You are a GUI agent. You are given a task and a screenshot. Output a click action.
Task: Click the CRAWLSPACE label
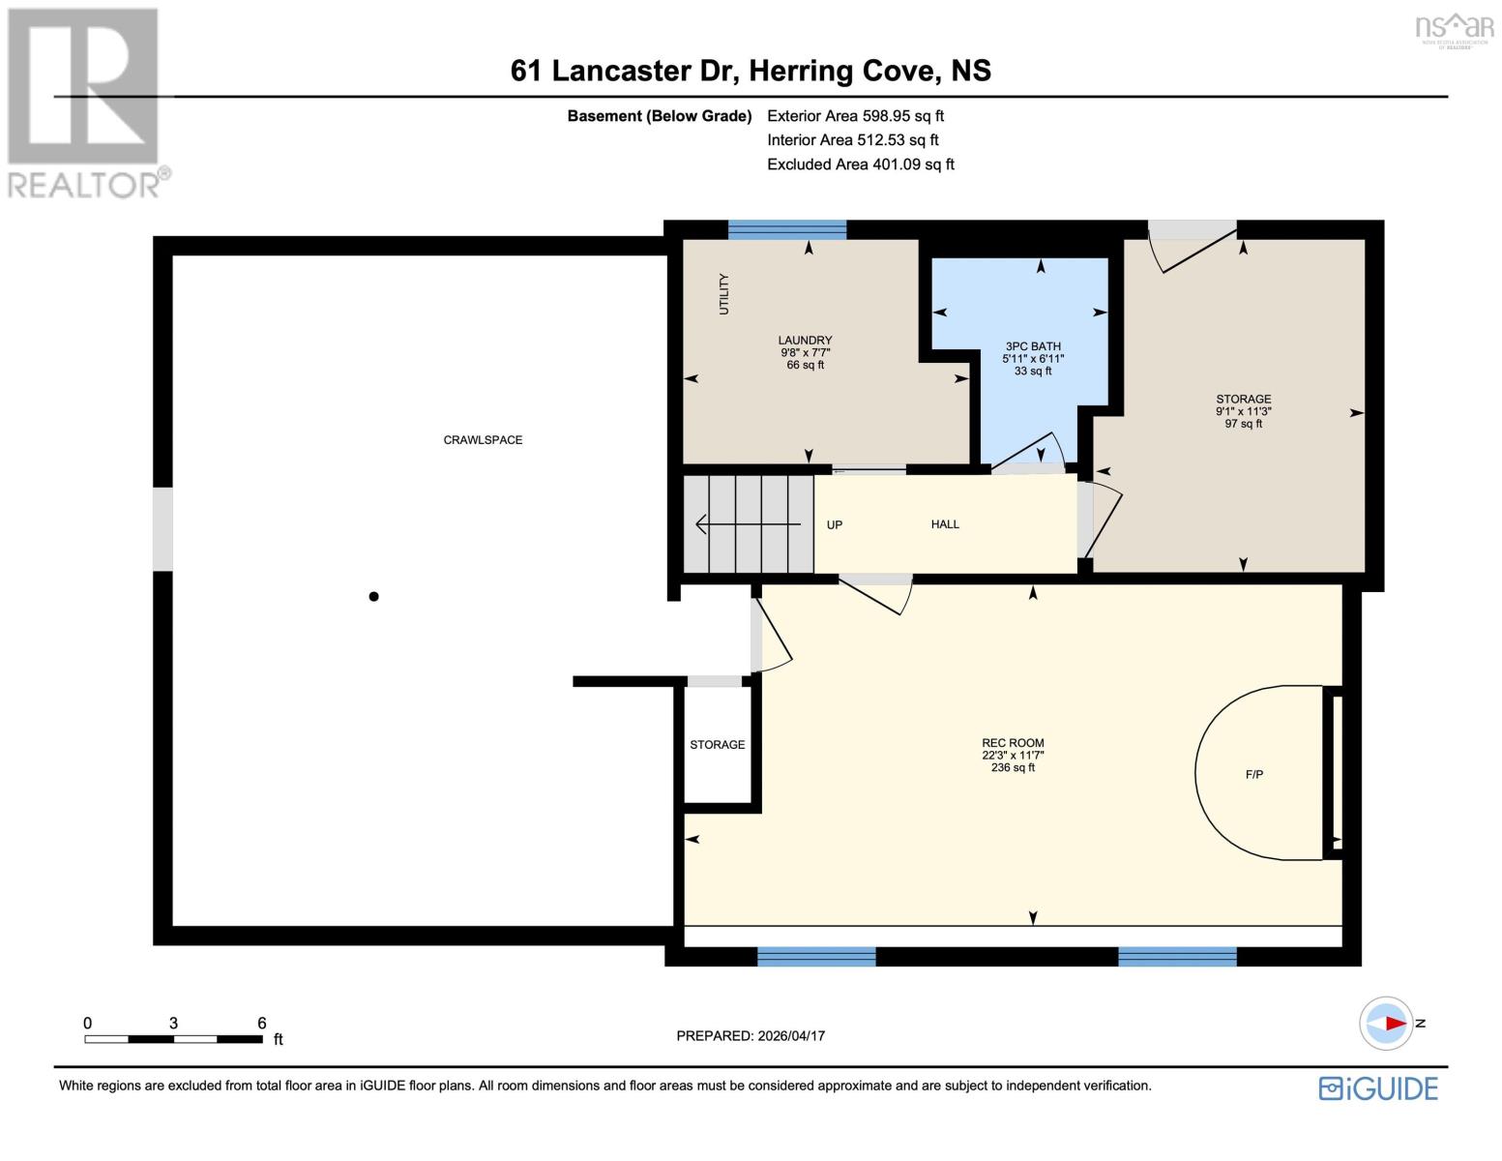483,440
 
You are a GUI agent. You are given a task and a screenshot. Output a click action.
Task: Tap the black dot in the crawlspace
373,597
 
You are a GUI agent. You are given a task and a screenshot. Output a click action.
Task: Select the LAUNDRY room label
805,341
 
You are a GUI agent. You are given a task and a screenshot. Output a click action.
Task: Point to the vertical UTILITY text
723,294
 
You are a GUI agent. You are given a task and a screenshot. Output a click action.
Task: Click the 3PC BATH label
1033,346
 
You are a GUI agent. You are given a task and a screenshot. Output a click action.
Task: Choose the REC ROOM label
1013,743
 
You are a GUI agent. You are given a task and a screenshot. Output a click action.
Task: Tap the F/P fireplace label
1253,775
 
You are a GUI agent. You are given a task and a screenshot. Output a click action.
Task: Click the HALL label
945,524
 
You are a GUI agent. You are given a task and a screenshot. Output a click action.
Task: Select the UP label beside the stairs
835,525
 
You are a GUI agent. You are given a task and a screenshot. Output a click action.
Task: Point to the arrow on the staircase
748,524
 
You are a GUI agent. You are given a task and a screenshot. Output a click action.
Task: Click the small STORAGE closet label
717,745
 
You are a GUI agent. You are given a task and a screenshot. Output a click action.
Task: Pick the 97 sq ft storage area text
1243,424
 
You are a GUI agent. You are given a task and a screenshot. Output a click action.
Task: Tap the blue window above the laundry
786,229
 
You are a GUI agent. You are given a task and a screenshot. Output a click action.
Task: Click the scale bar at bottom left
174,1039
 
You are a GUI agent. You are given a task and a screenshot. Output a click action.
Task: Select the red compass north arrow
1394,1023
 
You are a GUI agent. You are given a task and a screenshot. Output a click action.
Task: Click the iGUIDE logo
1378,1088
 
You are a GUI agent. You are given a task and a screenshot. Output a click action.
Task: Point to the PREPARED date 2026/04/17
751,1036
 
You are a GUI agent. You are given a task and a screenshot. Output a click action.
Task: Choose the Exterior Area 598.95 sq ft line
855,116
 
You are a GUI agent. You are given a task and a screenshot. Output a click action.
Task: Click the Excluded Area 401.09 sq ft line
860,164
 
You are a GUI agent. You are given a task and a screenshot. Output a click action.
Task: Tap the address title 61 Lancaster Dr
751,71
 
